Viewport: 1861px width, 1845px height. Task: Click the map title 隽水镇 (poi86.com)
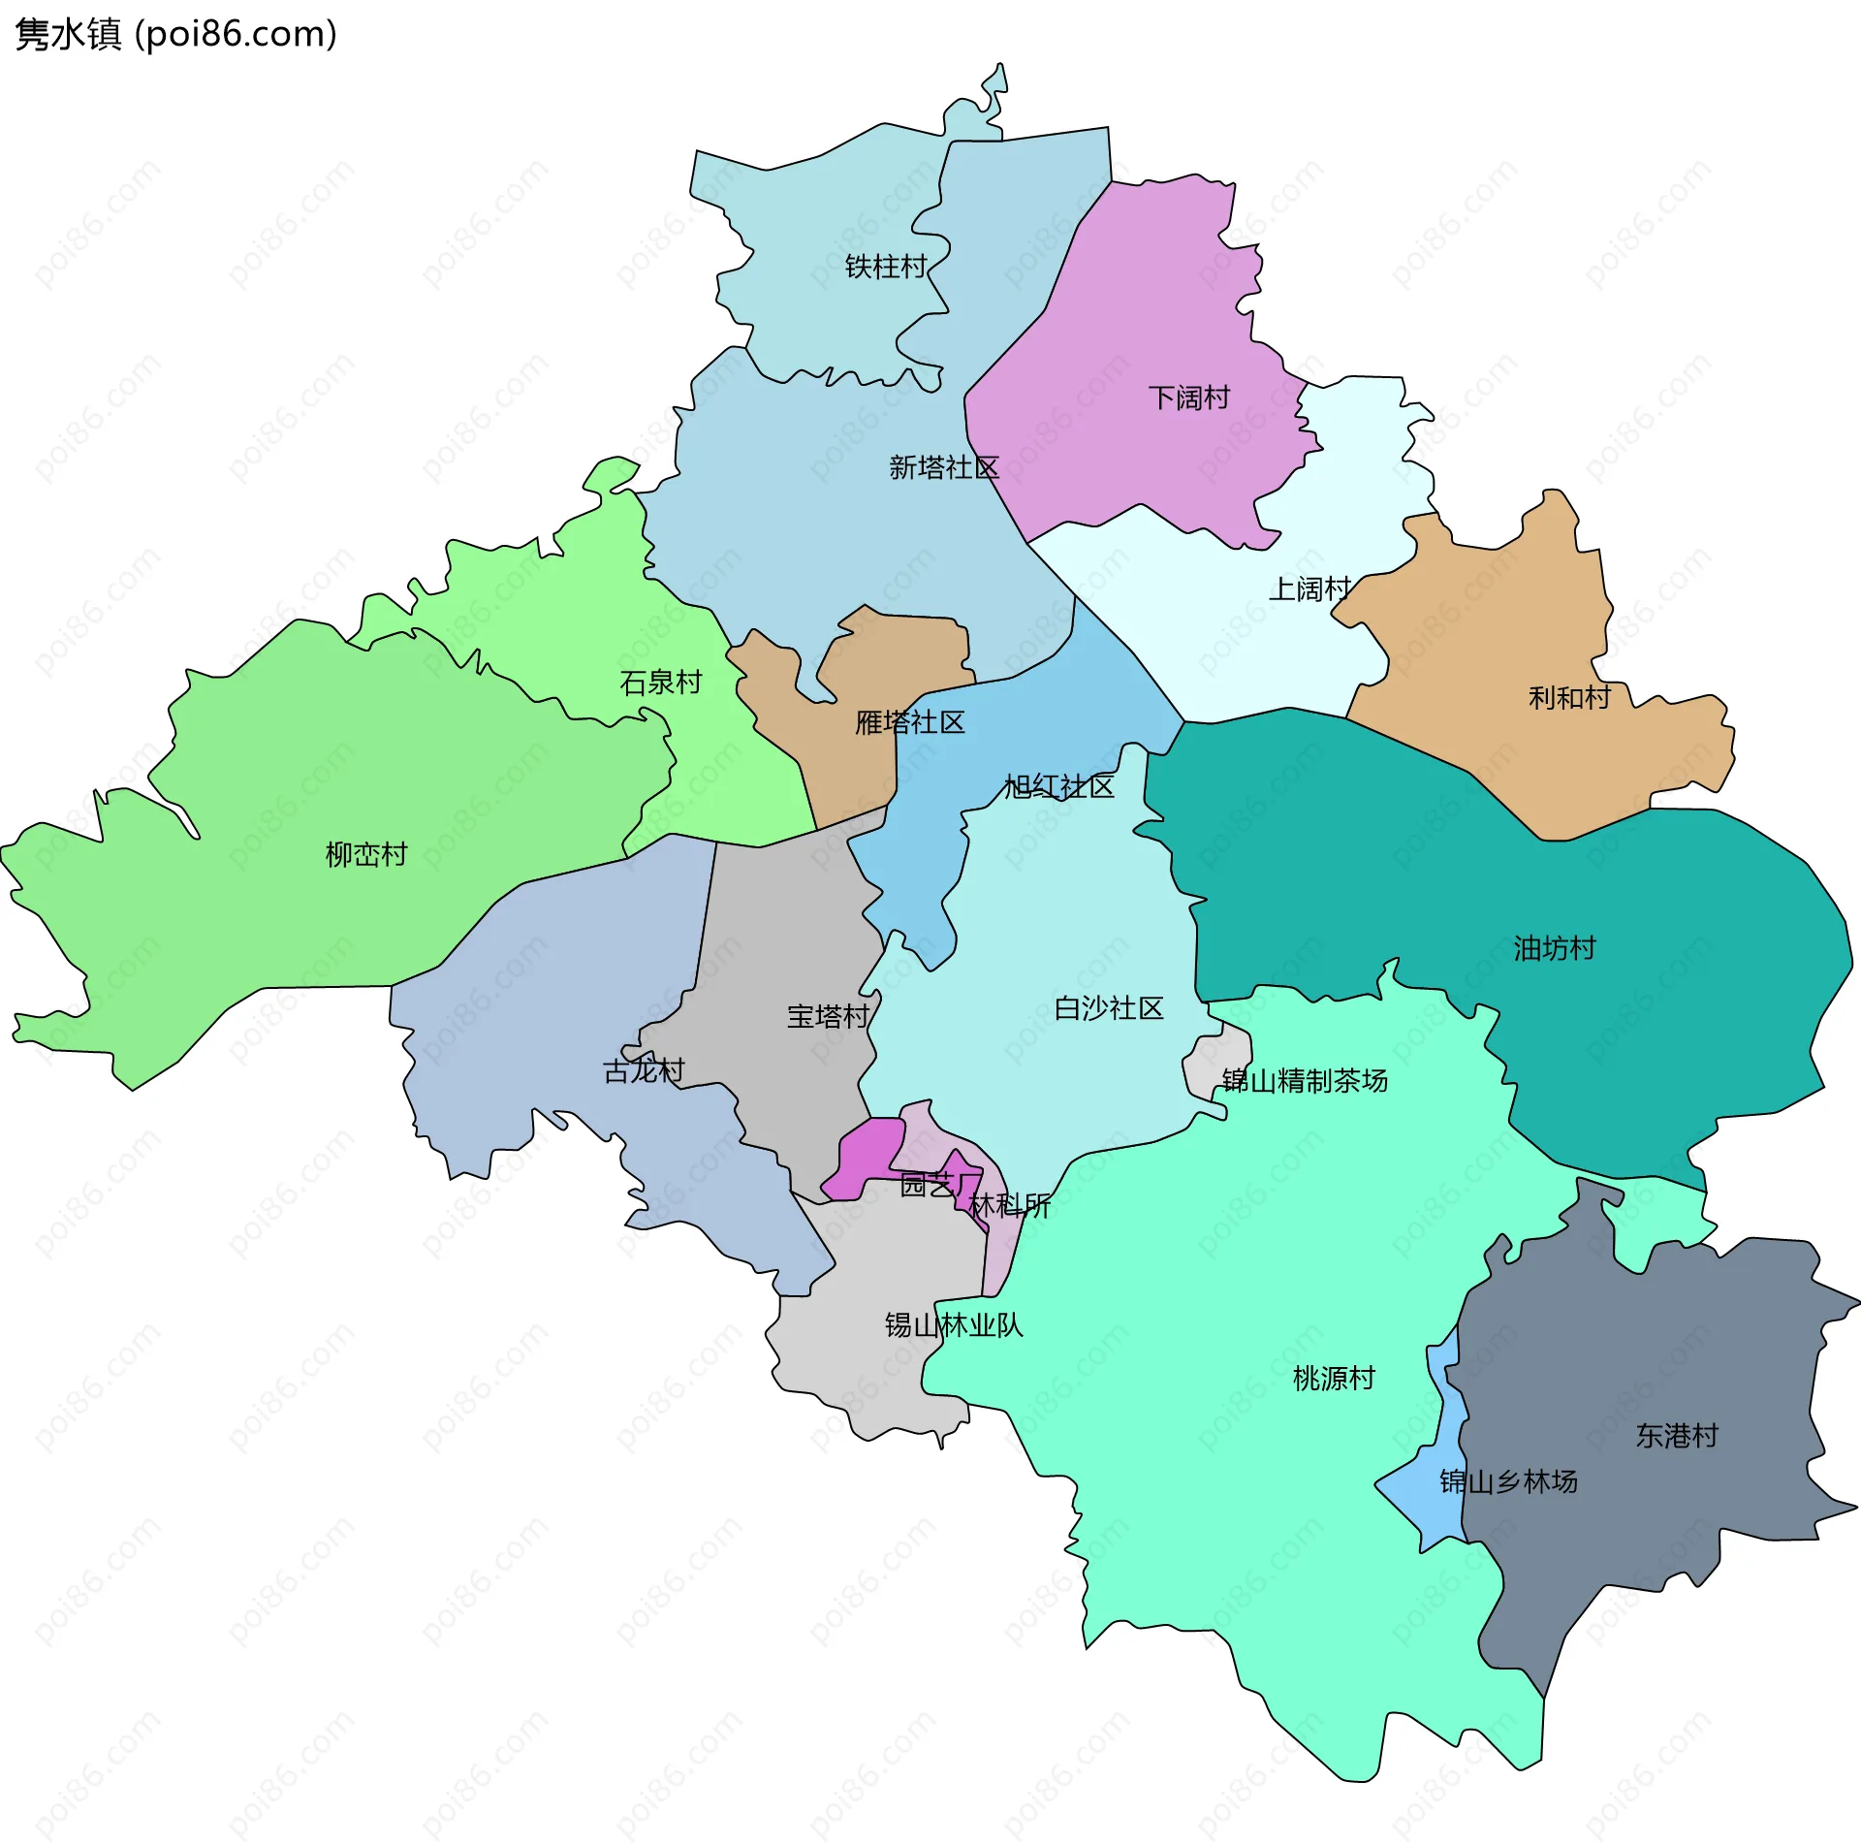tap(175, 34)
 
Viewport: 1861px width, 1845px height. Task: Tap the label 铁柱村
tap(885, 267)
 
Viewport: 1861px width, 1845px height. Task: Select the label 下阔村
tap(1188, 398)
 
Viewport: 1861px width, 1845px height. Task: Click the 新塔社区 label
tap(943, 468)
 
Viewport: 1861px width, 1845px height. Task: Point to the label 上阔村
tap(1309, 588)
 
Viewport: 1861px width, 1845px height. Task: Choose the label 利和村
tap(1568, 697)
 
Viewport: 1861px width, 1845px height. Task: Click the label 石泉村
tap(660, 683)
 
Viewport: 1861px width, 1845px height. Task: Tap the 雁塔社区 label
tap(909, 722)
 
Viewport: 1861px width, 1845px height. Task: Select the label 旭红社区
tap(1058, 786)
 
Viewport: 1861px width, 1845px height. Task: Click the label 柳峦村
tap(365, 854)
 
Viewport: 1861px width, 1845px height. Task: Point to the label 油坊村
tap(1554, 948)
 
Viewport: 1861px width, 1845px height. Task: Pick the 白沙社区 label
tap(1108, 1008)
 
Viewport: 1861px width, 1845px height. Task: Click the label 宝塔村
tap(827, 1016)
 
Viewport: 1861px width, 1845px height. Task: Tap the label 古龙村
tap(644, 1070)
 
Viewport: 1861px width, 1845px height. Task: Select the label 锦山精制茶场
tap(1304, 1080)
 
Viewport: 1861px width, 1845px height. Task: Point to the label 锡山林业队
tap(953, 1324)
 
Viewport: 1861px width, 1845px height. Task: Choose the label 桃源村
tap(1333, 1378)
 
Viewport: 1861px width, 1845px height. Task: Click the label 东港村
tap(1676, 1435)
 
